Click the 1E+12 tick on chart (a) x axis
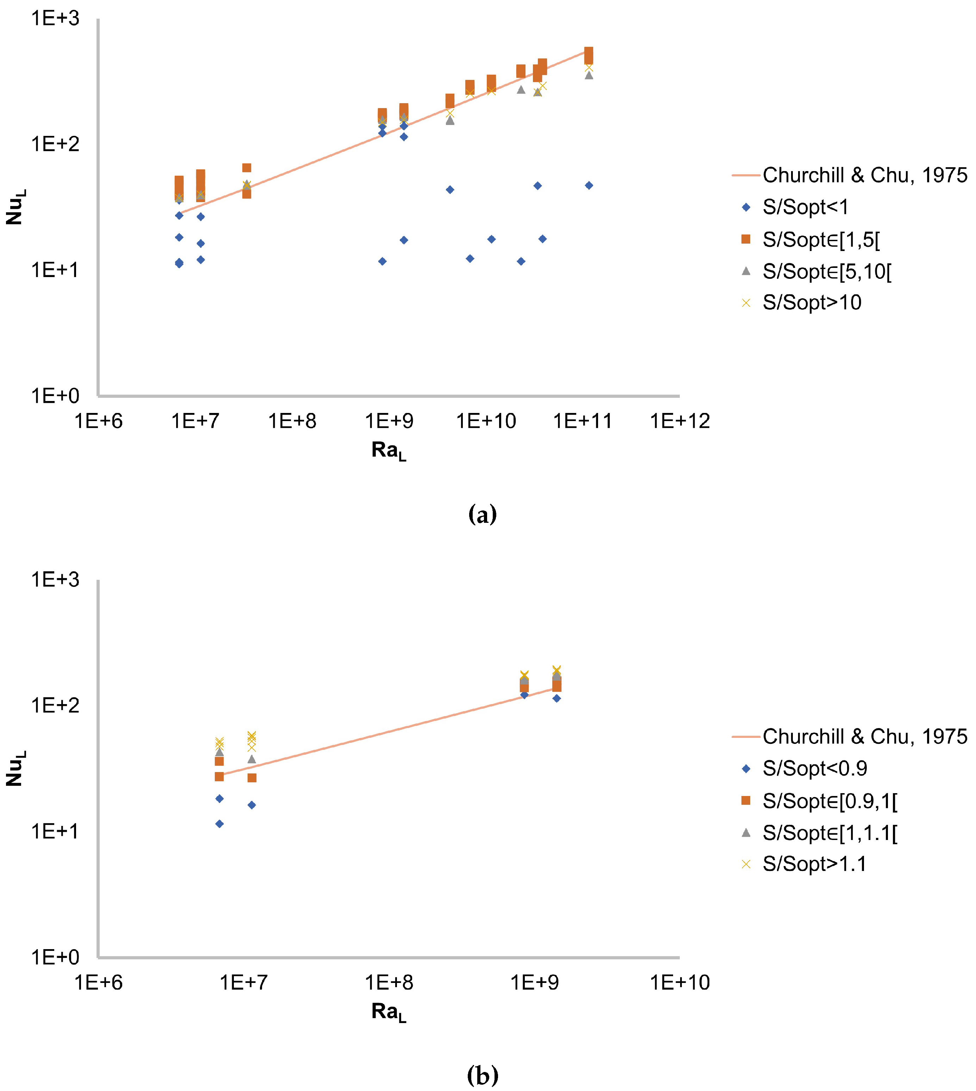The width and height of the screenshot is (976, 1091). (679, 421)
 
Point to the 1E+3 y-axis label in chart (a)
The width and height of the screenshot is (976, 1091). (55, 19)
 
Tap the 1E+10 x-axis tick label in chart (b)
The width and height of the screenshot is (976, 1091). (679, 982)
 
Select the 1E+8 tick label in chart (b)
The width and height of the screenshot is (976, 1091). (389, 982)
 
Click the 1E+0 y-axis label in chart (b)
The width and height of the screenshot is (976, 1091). (55, 957)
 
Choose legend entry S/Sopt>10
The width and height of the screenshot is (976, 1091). (812, 303)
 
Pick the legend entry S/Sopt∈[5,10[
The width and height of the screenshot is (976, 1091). (826, 272)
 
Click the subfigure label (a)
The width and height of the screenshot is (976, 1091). (482, 515)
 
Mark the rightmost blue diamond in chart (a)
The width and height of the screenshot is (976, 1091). (589, 186)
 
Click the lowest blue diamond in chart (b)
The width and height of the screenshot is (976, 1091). (219, 823)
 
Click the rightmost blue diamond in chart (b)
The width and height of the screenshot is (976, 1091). (557, 698)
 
